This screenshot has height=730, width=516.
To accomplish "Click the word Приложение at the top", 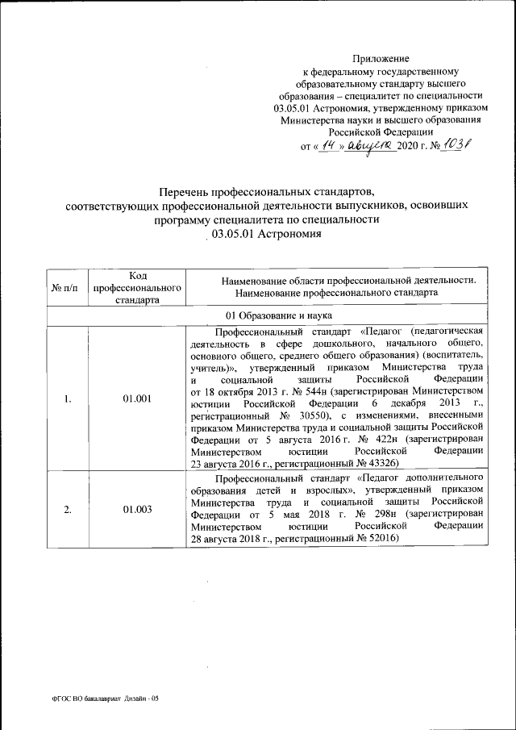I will point(381,59).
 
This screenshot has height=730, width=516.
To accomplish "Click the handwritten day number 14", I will point(328,144).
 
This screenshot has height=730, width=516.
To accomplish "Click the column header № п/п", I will point(64,288).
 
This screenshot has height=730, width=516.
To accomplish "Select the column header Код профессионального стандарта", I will point(136,287).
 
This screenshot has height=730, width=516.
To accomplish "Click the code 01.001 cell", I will point(138,396).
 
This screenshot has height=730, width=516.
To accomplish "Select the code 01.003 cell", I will point(138,509).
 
